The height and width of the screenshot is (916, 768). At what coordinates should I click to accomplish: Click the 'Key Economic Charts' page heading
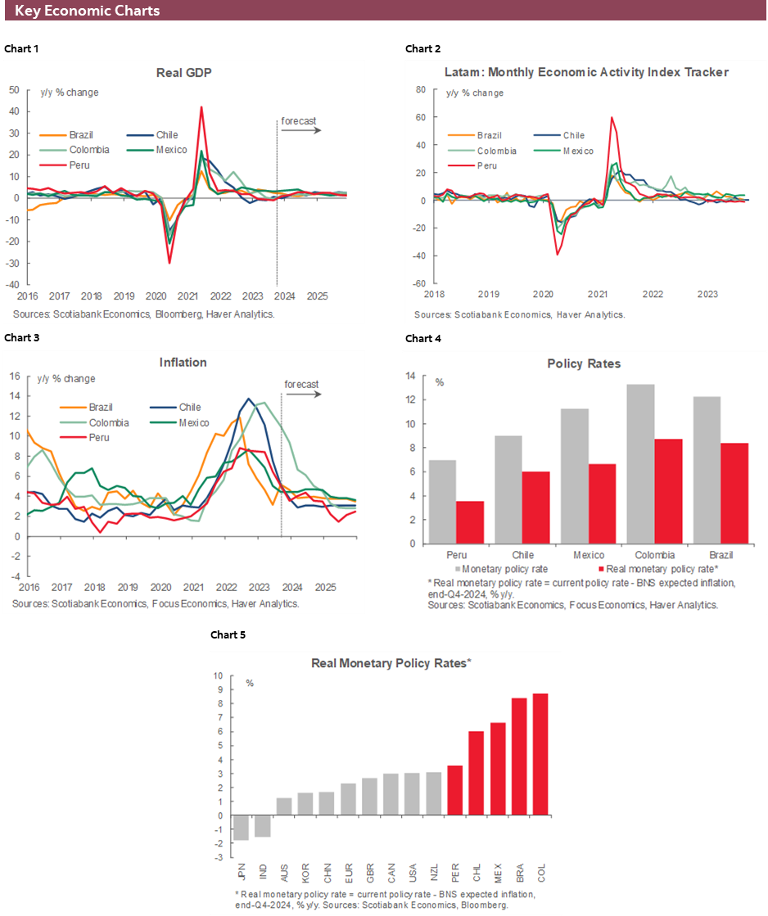[x=88, y=11]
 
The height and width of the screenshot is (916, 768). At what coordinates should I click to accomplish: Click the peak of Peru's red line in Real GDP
[x=201, y=107]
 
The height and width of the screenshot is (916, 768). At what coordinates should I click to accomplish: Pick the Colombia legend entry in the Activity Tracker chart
[x=497, y=151]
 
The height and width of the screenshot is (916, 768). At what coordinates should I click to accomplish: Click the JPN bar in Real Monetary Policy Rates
[x=242, y=828]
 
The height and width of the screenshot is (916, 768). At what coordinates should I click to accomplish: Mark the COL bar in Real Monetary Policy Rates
[x=540, y=754]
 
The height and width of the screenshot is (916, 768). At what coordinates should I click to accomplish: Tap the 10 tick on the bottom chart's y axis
[x=218, y=676]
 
